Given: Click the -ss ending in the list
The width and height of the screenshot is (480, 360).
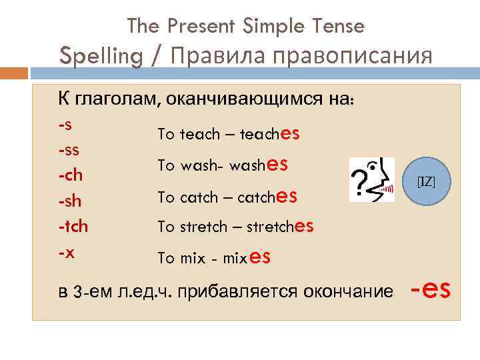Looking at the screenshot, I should point(69,151).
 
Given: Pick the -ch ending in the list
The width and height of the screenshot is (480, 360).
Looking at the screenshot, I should point(70,176).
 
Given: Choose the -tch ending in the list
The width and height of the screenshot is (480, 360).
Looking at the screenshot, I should point(73,227).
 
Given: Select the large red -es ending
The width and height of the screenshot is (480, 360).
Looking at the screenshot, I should point(431,290).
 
